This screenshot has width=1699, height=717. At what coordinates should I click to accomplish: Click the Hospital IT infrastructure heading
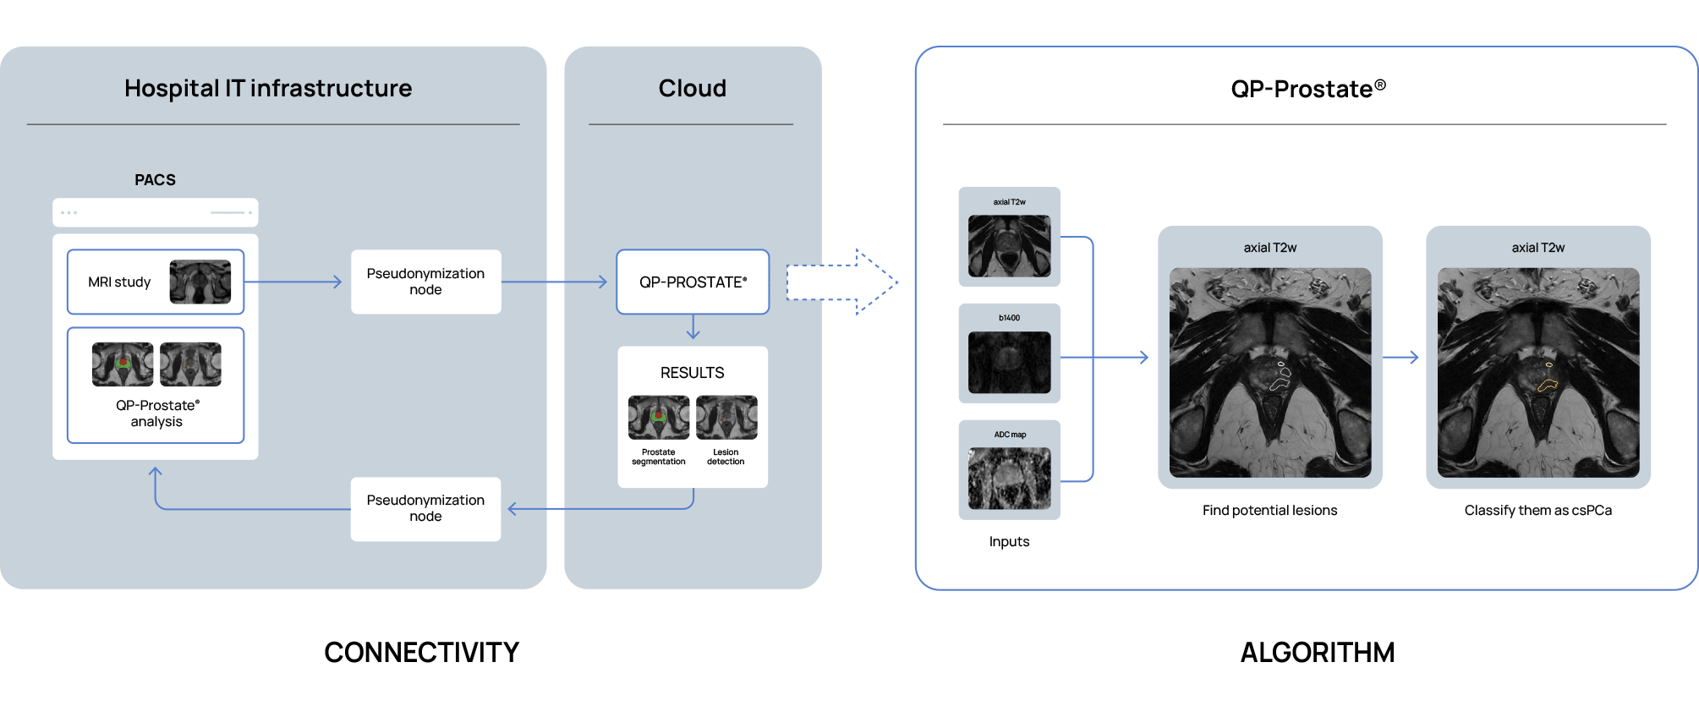[x=268, y=88]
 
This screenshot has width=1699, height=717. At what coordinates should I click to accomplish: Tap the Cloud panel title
[x=692, y=88]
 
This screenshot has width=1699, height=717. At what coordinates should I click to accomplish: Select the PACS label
[x=155, y=180]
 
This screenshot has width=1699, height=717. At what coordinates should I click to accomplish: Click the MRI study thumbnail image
[x=200, y=282]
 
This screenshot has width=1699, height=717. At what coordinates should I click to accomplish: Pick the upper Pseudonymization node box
[x=425, y=282]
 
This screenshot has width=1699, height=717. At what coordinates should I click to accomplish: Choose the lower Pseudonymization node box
[x=425, y=508]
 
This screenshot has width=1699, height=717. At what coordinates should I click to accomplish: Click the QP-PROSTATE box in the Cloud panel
[x=693, y=282]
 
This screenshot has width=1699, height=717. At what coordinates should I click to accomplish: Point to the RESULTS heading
[x=692, y=373]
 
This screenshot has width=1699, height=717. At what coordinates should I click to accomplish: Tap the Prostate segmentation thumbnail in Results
[x=659, y=418]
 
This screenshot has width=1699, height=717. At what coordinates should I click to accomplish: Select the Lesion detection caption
[x=726, y=457]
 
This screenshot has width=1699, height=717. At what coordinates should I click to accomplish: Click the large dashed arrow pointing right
[x=841, y=282]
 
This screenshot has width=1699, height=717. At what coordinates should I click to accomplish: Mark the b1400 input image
[x=1009, y=362]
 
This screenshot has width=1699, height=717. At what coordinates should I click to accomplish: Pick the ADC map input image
[x=1009, y=478]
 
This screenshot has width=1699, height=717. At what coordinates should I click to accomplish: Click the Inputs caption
[x=1009, y=542]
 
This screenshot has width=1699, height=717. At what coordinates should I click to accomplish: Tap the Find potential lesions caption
[x=1269, y=511]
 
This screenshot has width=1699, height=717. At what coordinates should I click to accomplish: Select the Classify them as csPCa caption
[x=1537, y=511]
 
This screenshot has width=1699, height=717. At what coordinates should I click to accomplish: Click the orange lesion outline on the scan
[x=1548, y=385]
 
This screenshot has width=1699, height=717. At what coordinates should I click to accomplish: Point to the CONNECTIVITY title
[x=421, y=653]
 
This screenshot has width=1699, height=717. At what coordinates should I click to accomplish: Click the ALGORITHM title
[x=1317, y=653]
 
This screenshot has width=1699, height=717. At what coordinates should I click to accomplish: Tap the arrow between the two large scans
[x=1401, y=358]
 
